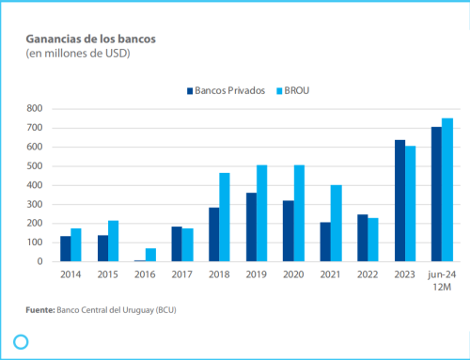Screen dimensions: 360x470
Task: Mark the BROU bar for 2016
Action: [x=150, y=255]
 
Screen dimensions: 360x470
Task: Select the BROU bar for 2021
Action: [x=336, y=224]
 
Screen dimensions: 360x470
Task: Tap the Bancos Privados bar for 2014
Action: [x=66, y=249]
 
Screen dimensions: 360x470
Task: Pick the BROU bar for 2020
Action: [x=299, y=213]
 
